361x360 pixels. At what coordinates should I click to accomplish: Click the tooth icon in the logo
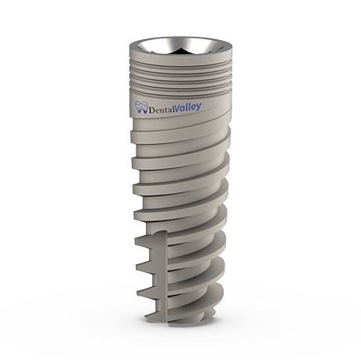[142, 109]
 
